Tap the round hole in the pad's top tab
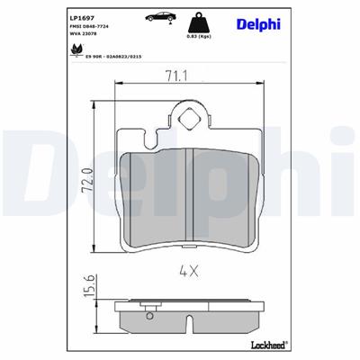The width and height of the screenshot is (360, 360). click(191, 116)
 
